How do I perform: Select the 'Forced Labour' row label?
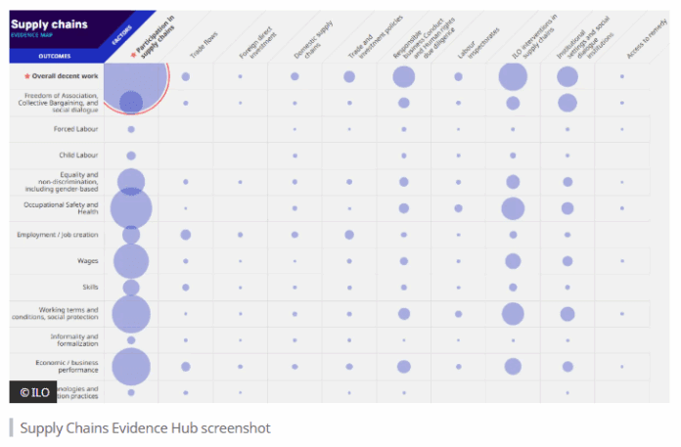(x=75, y=129)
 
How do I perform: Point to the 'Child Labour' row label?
(x=77, y=156)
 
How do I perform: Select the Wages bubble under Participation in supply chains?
(x=131, y=261)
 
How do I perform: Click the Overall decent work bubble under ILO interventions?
(x=513, y=76)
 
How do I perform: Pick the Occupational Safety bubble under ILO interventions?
(x=513, y=208)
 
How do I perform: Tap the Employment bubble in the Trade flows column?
(x=186, y=235)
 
